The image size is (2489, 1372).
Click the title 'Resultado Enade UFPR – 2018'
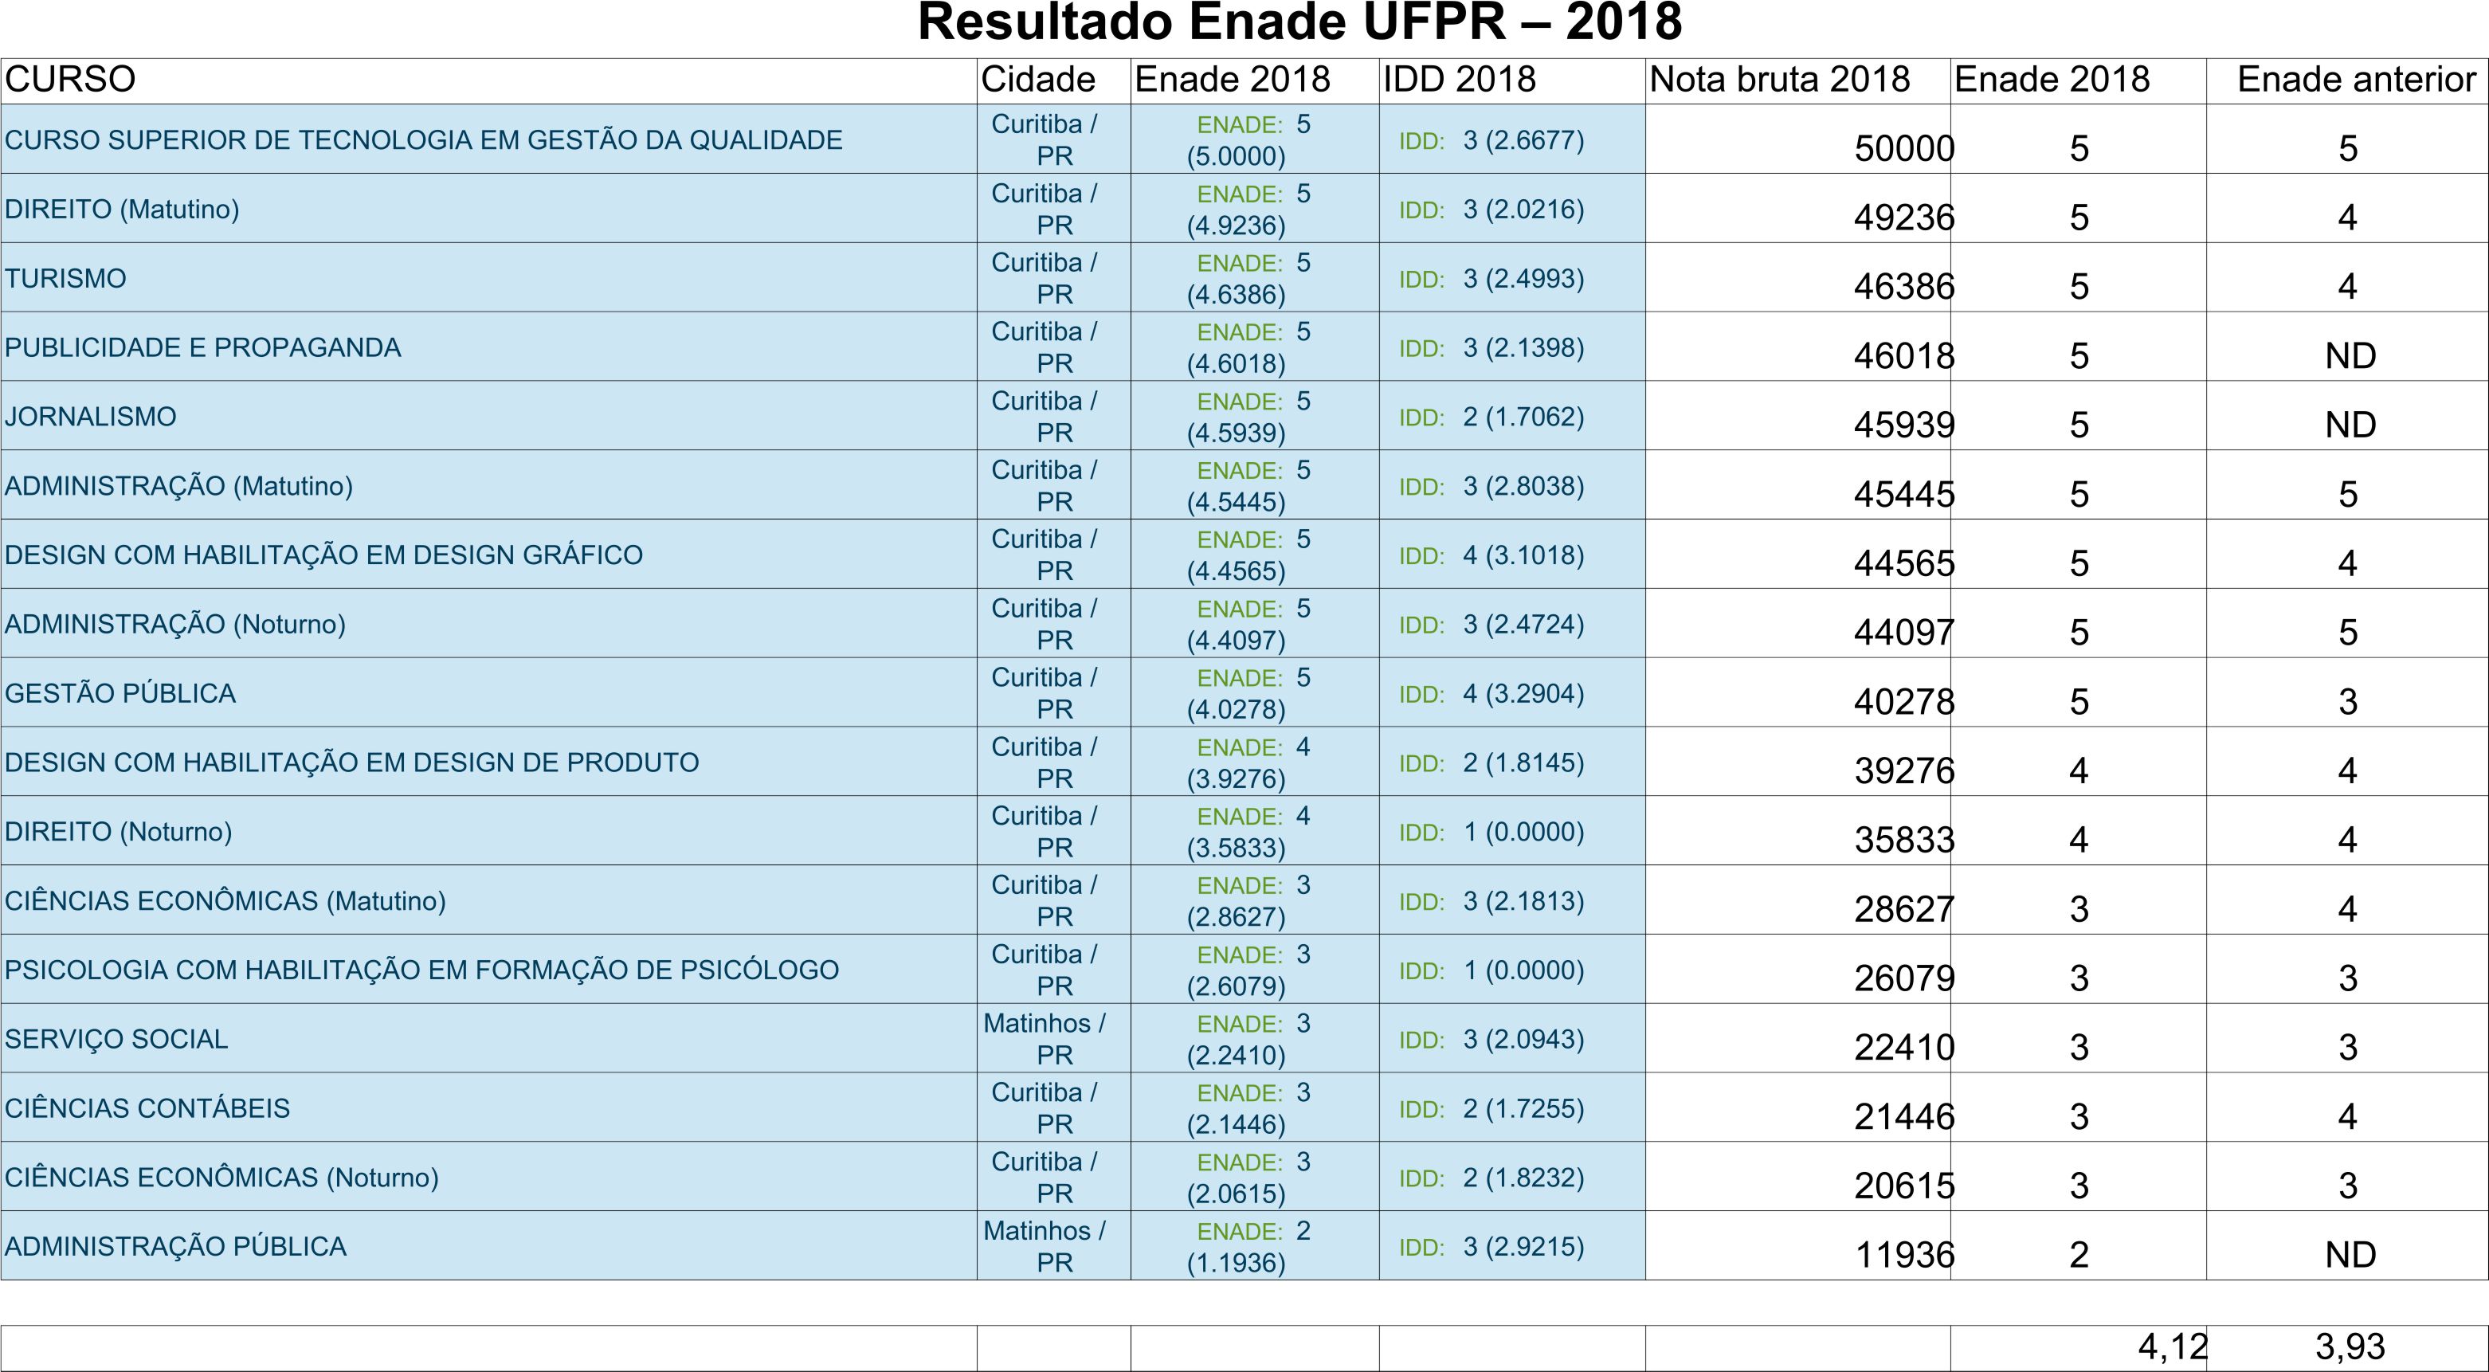(1299, 22)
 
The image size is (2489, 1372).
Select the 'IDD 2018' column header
(1459, 79)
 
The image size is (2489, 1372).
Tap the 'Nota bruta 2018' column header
(1780, 79)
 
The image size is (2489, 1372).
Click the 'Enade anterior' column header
(2357, 79)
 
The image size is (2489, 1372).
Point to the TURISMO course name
(65, 278)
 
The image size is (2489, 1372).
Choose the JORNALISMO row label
(91, 417)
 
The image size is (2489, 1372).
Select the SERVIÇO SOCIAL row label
(116, 1039)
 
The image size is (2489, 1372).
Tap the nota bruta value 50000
(1904, 148)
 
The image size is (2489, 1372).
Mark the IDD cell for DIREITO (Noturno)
(1491, 832)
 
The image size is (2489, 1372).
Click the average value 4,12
(2173, 1346)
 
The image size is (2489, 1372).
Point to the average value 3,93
(2350, 1346)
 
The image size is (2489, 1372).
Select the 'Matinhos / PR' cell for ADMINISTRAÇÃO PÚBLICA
(1045, 1246)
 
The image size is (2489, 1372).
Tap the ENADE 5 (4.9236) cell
(1249, 209)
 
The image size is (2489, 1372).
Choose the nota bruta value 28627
(1904, 909)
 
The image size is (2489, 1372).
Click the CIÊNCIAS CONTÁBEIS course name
(147, 1108)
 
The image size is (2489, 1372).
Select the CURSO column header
(69, 79)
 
